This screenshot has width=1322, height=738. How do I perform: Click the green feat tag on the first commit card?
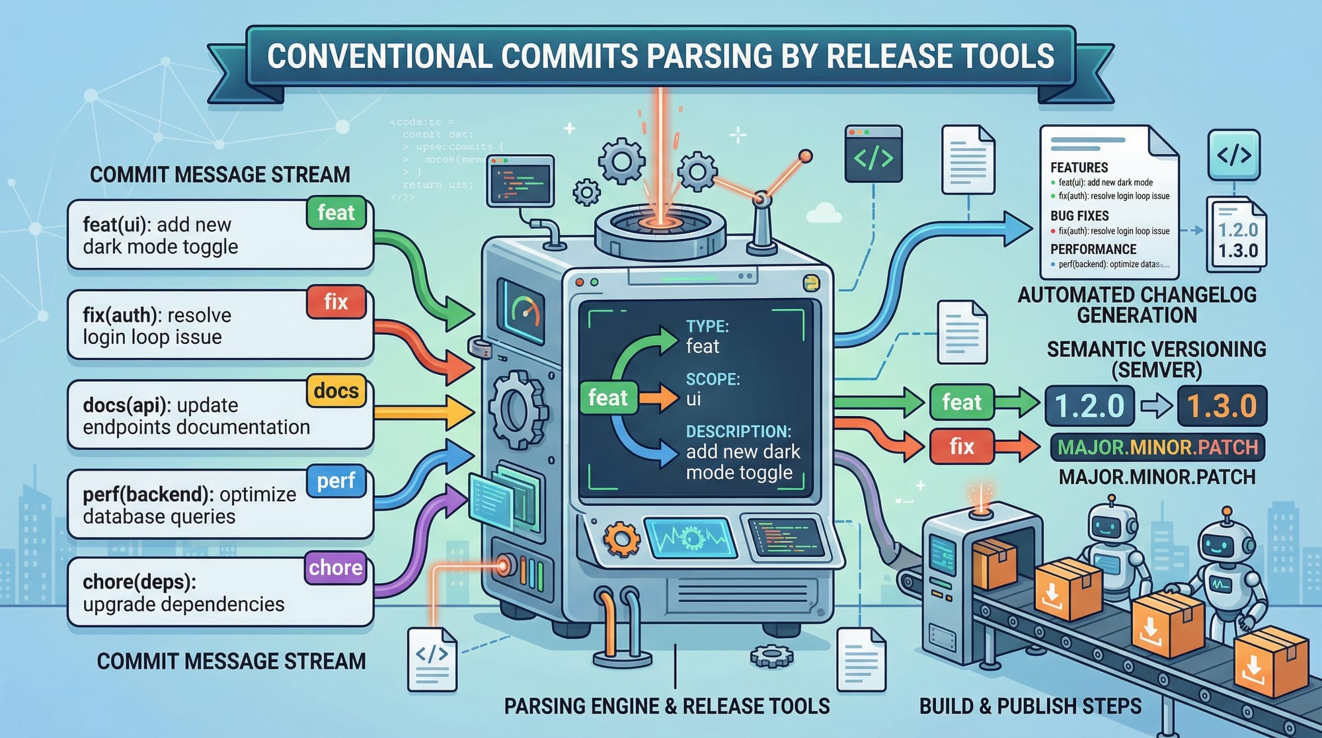point(336,213)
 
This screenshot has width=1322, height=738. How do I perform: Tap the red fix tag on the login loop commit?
point(336,302)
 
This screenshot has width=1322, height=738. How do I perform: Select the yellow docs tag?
point(336,391)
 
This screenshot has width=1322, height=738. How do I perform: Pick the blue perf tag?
point(336,480)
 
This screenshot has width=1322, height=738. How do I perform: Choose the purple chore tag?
point(335,567)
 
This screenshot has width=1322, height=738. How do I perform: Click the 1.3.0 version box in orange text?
point(1222,405)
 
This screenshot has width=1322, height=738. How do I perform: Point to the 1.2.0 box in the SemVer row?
point(1089,405)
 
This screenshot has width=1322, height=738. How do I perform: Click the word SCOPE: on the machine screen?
point(713,379)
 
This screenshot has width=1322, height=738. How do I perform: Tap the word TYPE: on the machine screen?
point(707,326)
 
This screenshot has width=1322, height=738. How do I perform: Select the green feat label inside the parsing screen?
point(607,397)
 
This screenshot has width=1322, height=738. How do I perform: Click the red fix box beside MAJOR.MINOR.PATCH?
point(962,446)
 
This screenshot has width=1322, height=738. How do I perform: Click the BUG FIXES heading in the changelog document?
point(1079,216)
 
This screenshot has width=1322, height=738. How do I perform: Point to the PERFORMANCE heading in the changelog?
point(1093,249)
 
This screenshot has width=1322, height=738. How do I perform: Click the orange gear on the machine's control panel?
point(622,539)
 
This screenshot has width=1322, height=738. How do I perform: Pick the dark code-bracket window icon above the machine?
point(873,155)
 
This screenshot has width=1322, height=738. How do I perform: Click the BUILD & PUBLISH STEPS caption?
point(1030,706)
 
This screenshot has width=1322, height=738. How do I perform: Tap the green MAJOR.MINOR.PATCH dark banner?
point(1157,447)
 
